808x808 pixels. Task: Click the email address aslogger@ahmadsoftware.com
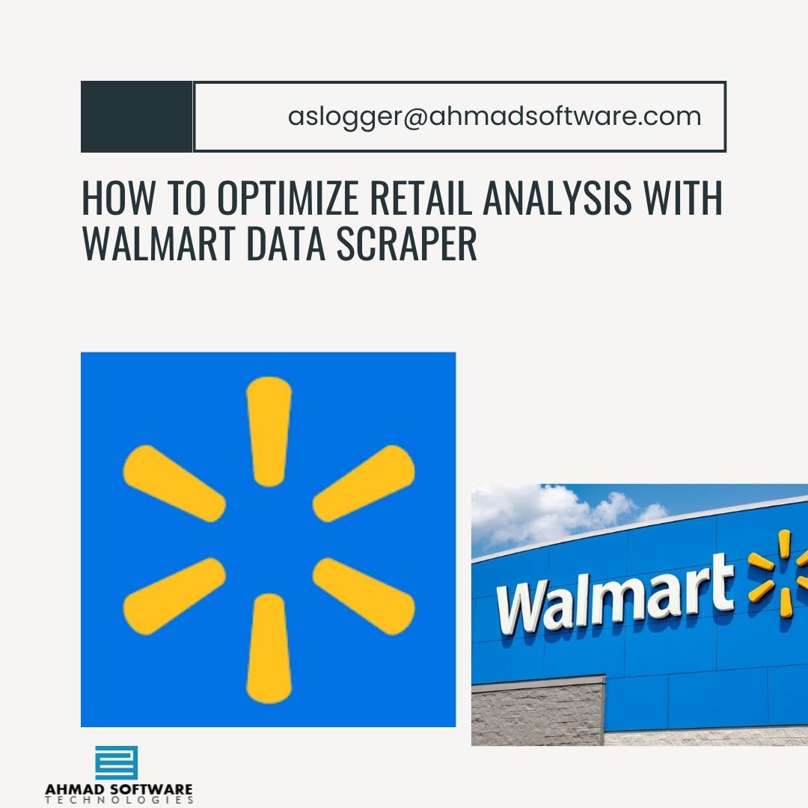tap(495, 117)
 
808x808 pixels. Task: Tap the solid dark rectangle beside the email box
tap(136, 117)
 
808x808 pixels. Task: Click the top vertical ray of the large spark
tap(269, 431)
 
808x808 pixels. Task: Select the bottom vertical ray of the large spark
tap(269, 648)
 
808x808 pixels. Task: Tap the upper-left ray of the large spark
tap(174, 483)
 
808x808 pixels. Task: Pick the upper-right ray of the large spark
tap(364, 483)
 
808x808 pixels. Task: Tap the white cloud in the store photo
tap(546, 512)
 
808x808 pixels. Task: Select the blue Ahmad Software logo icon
tap(117, 763)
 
